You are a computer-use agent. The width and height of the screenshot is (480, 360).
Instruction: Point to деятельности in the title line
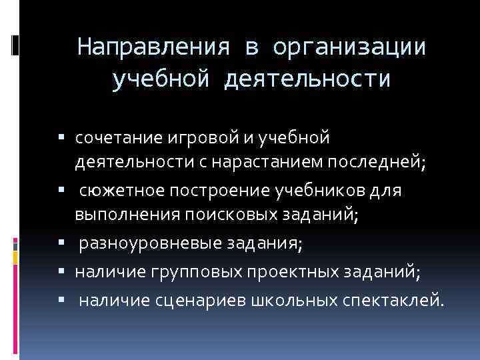[x=307, y=79]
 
